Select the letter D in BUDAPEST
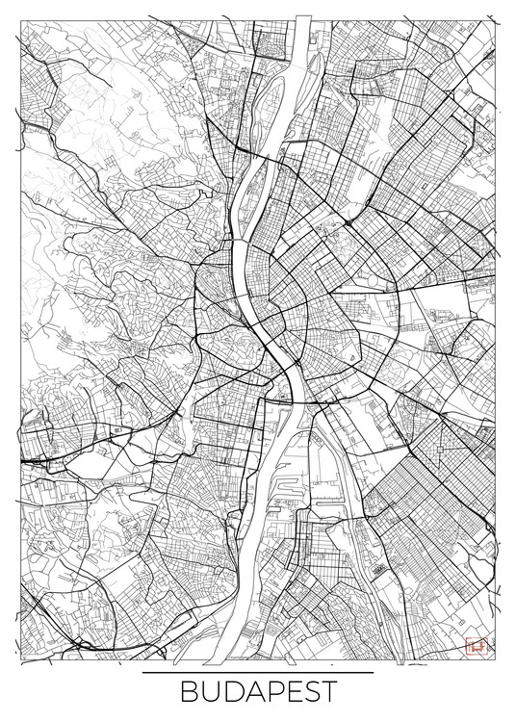(228, 695)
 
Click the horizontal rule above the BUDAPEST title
(257, 672)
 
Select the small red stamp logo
(473, 646)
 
